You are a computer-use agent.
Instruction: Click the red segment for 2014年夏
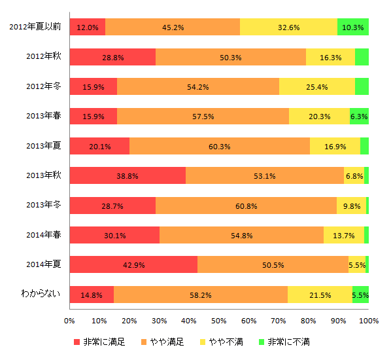point(133,264)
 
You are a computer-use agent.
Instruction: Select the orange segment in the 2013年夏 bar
point(220,146)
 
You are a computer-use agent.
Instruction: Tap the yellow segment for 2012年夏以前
point(288,27)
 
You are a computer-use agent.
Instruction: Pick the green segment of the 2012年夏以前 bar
point(353,27)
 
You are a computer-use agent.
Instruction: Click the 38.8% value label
point(127,176)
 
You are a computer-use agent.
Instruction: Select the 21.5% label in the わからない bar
point(320,295)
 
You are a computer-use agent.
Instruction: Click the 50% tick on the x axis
point(218,321)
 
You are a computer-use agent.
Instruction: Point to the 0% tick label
point(69,321)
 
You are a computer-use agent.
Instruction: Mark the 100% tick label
point(369,321)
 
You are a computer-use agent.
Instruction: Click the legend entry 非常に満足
point(103,342)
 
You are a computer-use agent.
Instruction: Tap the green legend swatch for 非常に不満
point(262,342)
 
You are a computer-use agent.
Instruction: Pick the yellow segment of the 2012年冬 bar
point(317,86)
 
